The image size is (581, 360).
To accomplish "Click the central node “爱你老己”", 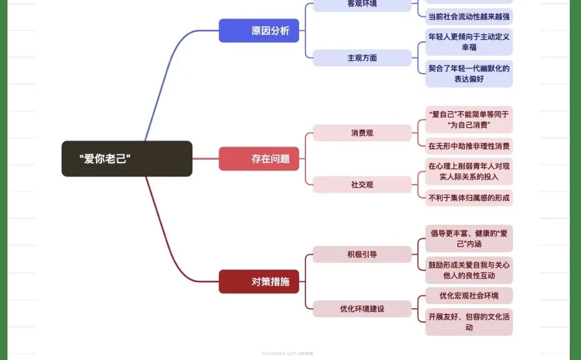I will pyautogui.click(x=127, y=158).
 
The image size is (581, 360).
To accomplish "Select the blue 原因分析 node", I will pyautogui.click(x=259, y=31).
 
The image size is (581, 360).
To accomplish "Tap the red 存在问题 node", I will pyautogui.click(x=259, y=158).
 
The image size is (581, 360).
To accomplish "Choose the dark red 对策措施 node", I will pyautogui.click(x=259, y=281).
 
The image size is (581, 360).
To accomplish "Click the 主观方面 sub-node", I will pyautogui.click(x=362, y=57).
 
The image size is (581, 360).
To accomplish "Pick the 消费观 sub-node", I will pyautogui.click(x=362, y=133).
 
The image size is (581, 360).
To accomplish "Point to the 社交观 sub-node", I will pyautogui.click(x=362, y=185).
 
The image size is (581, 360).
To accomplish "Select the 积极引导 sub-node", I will pyautogui.click(x=362, y=255).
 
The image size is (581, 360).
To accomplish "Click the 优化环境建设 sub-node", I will pyautogui.click(x=362, y=309).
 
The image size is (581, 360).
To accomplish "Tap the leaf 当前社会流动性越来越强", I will pyautogui.click(x=469, y=17).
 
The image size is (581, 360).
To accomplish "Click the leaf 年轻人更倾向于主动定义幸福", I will pyautogui.click(x=469, y=42).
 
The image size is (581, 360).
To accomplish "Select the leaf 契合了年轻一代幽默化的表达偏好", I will pyautogui.click(x=469, y=74).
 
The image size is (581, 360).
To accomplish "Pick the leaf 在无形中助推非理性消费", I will pyautogui.click(x=469, y=147).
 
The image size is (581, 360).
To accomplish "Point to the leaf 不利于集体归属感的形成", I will pyautogui.click(x=469, y=198).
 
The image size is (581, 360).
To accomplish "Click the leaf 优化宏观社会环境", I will pyautogui.click(x=469, y=296).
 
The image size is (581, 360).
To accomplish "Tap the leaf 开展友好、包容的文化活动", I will pyautogui.click(x=469, y=322).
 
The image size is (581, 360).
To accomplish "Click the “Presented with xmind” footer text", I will pyautogui.click(x=287, y=353).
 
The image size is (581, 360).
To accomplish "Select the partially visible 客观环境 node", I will pyautogui.click(x=362, y=4).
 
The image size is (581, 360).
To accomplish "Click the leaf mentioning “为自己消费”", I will pyautogui.click(x=469, y=119).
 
